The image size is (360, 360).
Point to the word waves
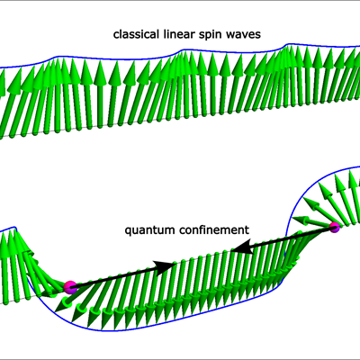(x=244, y=35)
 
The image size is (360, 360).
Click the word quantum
(x=149, y=231)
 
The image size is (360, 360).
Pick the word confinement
(x=214, y=229)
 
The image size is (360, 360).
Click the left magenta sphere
(x=70, y=287)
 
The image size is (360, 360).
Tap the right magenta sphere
(x=335, y=228)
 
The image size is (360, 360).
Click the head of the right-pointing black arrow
(x=165, y=266)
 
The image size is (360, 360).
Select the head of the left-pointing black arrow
(x=242, y=247)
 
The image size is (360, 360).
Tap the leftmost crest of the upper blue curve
(x=57, y=57)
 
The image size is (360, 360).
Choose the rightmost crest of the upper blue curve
(x=289, y=44)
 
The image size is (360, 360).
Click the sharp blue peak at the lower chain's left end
(x=14, y=227)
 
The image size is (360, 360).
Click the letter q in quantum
(x=128, y=231)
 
